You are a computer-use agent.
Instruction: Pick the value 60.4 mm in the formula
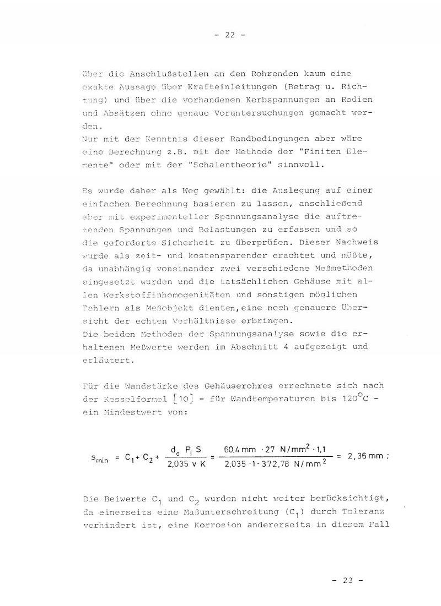click(240, 450)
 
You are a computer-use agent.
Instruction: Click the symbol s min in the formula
click(98, 458)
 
